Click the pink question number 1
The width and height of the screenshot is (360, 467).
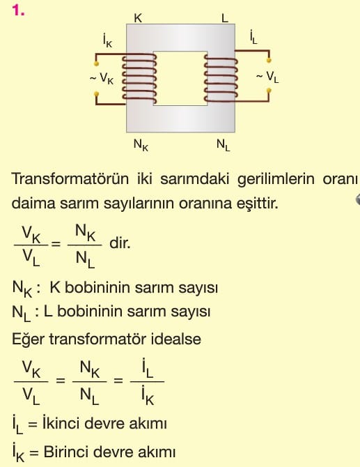coord(18,10)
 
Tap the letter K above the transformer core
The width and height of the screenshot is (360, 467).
coord(138,18)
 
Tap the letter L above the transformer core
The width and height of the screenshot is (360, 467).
coord(224,18)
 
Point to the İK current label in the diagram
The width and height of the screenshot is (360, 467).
coord(107,41)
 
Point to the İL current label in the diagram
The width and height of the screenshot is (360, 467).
coord(253,38)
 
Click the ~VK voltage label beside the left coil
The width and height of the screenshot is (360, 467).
coord(102,79)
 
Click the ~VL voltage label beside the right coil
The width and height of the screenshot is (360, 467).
coord(267,77)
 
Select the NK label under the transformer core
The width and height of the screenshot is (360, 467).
coord(141,146)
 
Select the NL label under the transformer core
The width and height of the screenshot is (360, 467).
coord(223,146)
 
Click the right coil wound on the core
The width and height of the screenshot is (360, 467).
coord(221,79)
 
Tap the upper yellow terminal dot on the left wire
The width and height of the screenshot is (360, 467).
coord(96,63)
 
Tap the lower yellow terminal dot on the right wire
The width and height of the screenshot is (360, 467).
coord(269,90)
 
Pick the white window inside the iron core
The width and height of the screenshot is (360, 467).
coord(180,79)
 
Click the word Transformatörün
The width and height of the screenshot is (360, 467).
coord(70,179)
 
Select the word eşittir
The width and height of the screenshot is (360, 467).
coord(258,204)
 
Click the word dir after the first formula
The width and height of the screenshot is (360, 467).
coord(120,243)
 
